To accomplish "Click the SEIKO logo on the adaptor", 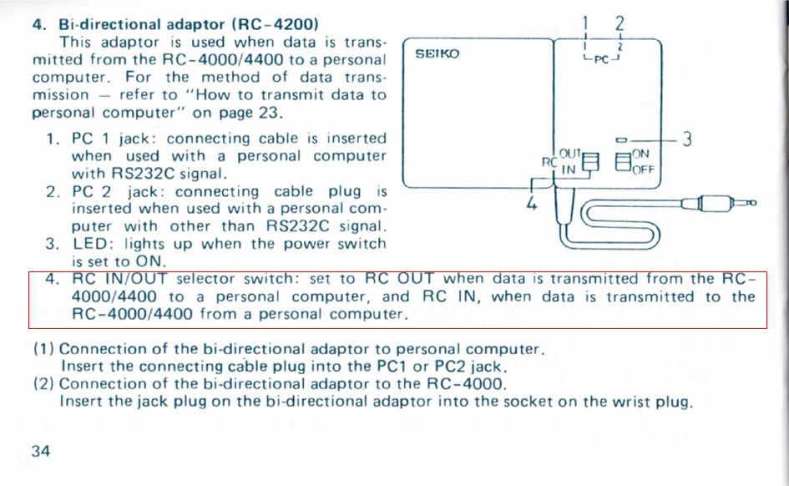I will pos(437,54).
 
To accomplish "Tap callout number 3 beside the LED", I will pos(686,139).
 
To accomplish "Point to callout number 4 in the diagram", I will pos(531,204).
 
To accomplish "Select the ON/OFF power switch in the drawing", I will pos(622,162).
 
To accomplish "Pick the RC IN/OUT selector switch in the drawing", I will pos(590,162).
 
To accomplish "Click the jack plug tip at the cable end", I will pos(751,203).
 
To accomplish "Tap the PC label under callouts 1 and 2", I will pos(602,60).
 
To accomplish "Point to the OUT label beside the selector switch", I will pos(569,153).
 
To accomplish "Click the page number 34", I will pos(41,452).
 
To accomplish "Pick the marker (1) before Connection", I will pos(43,348).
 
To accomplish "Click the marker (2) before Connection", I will pos(43,384).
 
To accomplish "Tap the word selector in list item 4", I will pos(207,278).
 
